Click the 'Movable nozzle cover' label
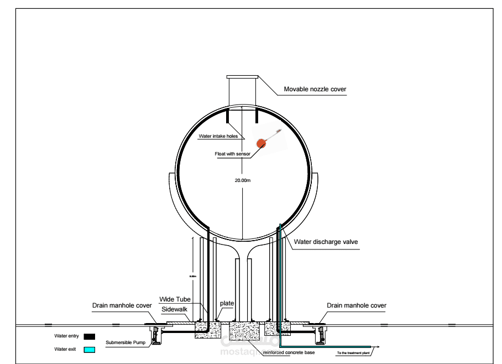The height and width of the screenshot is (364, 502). tap(315, 89)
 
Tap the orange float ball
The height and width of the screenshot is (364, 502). tap(260, 143)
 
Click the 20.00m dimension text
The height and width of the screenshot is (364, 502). tap(243, 180)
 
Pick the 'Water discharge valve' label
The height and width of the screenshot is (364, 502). tap(327, 242)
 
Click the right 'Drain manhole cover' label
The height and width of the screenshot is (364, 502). tap(357, 305)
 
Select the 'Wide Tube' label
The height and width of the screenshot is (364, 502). tap(175, 299)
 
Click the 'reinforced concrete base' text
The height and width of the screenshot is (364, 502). tap(289, 352)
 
